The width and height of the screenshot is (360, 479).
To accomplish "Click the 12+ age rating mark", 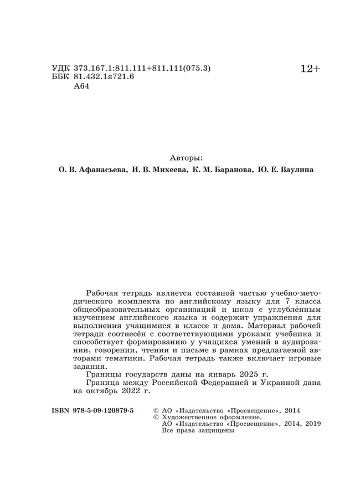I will click(310, 69).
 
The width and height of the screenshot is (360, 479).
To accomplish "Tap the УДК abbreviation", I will click(60, 69).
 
